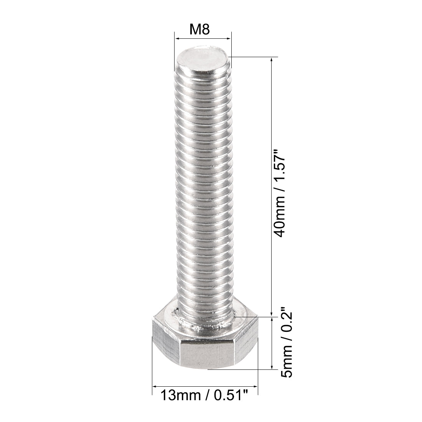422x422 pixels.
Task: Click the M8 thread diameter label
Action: click(x=200, y=30)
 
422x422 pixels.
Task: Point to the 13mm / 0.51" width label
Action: click(x=205, y=395)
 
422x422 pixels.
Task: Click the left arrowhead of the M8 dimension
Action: click(x=177, y=38)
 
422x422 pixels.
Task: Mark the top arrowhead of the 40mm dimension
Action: click(x=272, y=60)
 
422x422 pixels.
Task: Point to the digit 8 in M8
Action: click(x=206, y=30)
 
